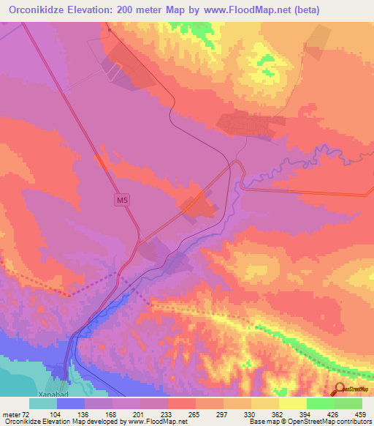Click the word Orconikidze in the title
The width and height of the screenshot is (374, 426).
click(x=38, y=10)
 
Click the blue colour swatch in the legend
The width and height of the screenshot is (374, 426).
click(x=71, y=404)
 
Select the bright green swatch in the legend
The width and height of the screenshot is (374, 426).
click(x=321, y=404)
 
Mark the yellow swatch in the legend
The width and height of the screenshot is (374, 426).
click(x=293, y=404)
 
